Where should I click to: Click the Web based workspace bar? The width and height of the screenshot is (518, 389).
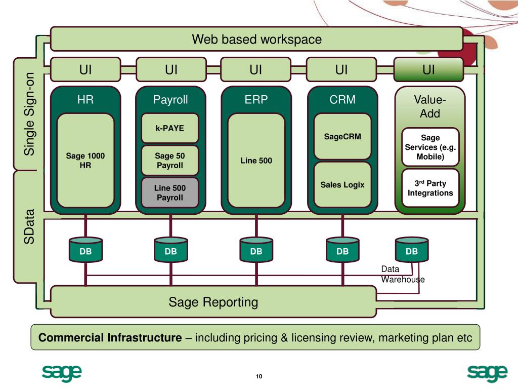coord(256,39)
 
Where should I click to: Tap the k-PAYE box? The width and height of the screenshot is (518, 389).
coord(170,128)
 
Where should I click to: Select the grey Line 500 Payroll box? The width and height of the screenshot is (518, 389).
coord(170,193)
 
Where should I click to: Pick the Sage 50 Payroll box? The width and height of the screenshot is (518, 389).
coord(170,161)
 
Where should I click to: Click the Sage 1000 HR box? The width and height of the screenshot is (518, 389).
coord(85,161)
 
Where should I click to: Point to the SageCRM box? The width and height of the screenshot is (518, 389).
coord(342,136)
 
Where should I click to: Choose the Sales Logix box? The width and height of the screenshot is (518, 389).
coord(342,184)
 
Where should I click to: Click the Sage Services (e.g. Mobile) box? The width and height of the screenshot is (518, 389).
coord(430,147)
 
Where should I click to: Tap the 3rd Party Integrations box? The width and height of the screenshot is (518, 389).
coord(430,188)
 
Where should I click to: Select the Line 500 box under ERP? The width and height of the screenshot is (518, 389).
coord(256,161)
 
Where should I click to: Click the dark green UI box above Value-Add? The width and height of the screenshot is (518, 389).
coord(428,69)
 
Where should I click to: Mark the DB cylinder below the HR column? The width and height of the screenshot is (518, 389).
coord(85,250)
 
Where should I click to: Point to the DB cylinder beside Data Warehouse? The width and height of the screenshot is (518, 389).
coord(412,250)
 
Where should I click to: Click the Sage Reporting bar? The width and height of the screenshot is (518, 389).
coord(213,302)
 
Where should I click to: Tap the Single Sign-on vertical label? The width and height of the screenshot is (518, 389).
coord(29,114)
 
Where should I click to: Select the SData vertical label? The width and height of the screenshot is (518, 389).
coord(29,227)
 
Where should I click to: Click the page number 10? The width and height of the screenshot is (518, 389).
coord(259,376)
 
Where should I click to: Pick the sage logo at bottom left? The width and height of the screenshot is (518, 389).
coord(62,373)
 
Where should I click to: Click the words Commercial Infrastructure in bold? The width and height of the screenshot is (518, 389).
coord(110,337)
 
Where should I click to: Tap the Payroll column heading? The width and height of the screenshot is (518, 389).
coord(170,100)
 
